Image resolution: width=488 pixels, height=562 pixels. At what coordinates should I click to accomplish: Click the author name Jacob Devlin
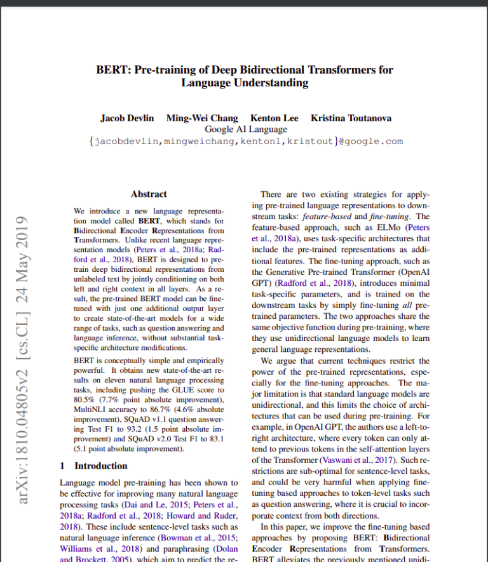127,118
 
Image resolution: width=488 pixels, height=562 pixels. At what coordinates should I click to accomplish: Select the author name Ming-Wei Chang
202,118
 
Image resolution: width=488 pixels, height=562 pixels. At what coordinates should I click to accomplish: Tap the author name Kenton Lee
274,118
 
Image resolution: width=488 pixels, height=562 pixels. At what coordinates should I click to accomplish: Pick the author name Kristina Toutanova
351,118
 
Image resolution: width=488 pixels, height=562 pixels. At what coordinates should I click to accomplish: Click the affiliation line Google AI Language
245,130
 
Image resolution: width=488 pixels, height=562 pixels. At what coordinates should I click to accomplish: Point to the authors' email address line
245,142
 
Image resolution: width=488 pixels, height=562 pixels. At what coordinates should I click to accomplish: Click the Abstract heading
149,194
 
